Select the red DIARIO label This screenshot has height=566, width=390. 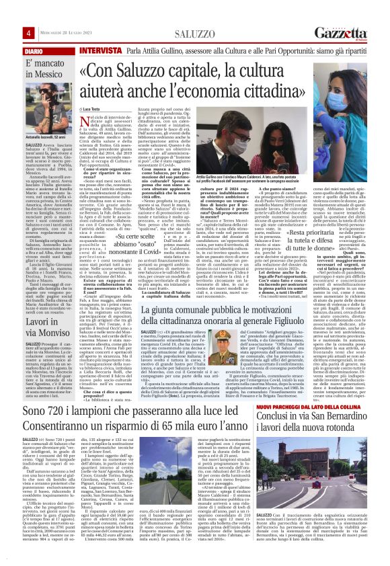(x=17, y=51)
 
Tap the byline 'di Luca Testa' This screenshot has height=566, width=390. (x=91, y=108)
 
